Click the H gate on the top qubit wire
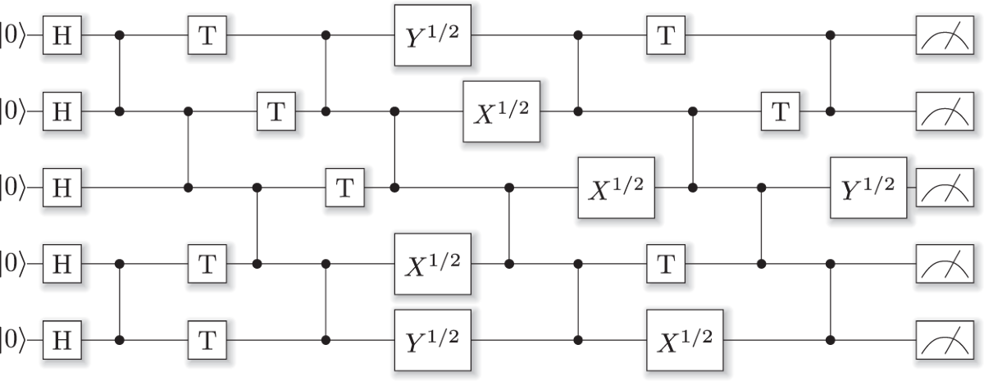point(61,36)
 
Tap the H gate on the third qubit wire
point(61,188)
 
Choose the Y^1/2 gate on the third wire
point(868,188)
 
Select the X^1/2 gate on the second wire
point(502,111)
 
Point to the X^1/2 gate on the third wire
point(617,188)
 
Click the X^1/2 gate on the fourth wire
point(432,264)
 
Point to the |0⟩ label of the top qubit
point(14,36)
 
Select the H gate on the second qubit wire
point(61,111)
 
